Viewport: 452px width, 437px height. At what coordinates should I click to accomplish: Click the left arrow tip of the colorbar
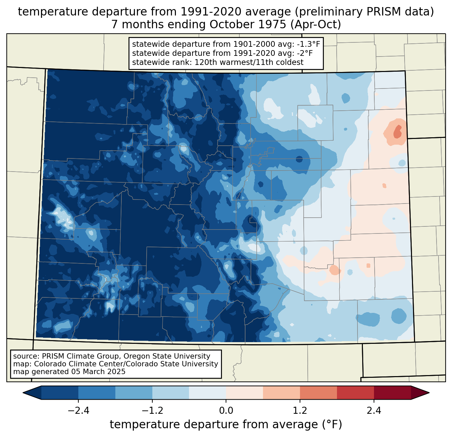click(23, 393)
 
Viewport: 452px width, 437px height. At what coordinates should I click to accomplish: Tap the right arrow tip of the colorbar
click(429, 393)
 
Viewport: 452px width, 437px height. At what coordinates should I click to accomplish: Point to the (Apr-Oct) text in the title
click(316, 25)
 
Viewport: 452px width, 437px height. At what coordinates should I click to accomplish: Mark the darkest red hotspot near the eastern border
click(398, 132)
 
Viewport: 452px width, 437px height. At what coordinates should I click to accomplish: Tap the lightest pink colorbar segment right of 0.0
click(244, 393)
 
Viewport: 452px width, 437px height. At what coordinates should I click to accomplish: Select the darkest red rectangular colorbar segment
click(392, 393)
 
